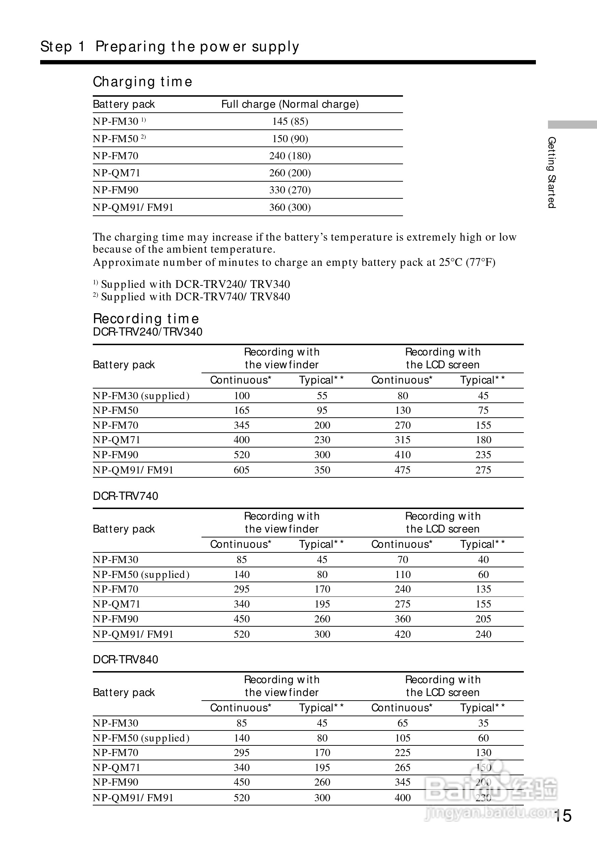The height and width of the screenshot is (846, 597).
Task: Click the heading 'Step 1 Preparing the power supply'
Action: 170,47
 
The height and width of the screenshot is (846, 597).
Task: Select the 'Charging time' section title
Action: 142,81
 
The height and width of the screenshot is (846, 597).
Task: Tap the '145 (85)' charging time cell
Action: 290,121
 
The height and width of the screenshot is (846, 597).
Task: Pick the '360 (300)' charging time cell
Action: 290,207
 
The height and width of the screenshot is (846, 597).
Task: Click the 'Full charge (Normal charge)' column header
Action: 290,104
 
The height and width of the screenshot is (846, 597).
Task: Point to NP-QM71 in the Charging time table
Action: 117,173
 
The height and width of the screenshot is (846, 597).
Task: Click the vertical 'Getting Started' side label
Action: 551,172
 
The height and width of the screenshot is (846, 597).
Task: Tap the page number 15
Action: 564,816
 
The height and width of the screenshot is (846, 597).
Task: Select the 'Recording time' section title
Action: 146,318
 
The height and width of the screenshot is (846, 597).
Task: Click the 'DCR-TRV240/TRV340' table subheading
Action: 148,332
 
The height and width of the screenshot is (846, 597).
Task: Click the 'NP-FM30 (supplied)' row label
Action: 141,396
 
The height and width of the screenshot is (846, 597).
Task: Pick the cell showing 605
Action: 242,470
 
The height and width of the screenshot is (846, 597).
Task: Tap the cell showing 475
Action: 403,470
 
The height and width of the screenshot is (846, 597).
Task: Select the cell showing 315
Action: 403,440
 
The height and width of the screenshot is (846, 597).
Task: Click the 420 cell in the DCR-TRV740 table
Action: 403,634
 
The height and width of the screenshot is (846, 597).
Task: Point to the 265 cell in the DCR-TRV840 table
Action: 403,767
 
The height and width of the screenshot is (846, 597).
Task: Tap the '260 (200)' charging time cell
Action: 290,173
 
